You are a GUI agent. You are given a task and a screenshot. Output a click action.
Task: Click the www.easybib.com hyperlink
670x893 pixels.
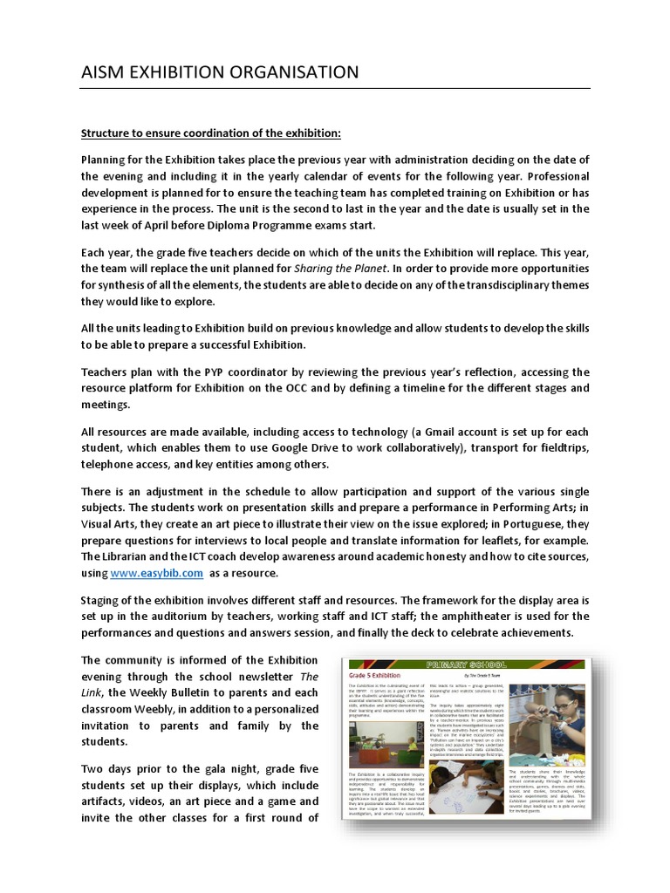click(157, 573)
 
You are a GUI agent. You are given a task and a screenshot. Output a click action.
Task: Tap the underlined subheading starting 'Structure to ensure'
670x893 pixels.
click(210, 133)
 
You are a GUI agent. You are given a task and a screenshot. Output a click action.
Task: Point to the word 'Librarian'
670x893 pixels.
click(134, 556)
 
